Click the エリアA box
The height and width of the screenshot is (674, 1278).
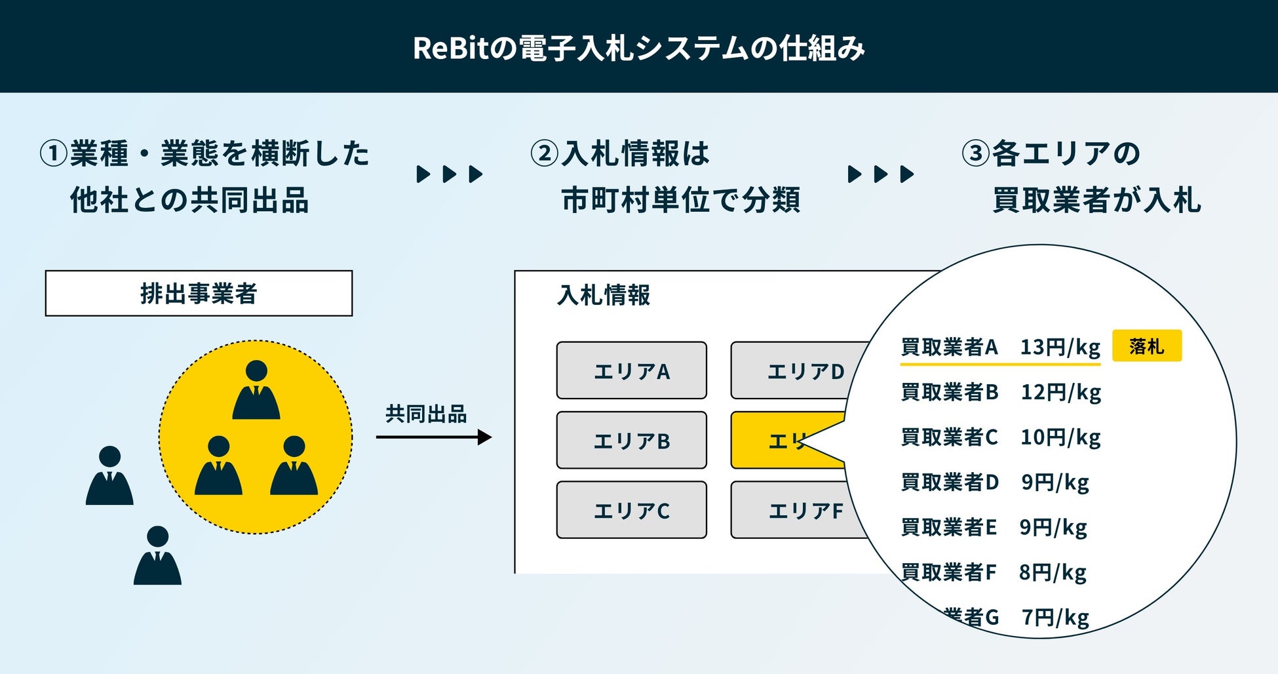(631, 370)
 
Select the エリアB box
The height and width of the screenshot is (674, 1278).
(631, 441)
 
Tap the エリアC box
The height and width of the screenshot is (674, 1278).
(631, 510)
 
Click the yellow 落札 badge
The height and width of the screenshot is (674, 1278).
(1146, 346)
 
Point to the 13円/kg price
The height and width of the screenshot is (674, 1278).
(1060, 347)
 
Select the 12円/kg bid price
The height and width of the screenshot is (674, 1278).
(1060, 392)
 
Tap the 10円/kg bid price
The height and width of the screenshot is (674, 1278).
(1060, 437)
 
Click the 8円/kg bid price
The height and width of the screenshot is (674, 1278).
(1053, 572)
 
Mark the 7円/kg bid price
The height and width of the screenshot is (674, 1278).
(1055, 617)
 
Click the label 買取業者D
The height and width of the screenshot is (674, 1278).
(950, 483)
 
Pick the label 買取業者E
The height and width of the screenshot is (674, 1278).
(948, 527)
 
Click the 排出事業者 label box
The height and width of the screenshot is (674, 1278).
(199, 293)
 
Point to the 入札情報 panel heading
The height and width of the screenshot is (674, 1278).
(604, 295)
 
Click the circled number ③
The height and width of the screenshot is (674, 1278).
(975, 153)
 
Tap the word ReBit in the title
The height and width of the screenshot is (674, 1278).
(452, 48)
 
